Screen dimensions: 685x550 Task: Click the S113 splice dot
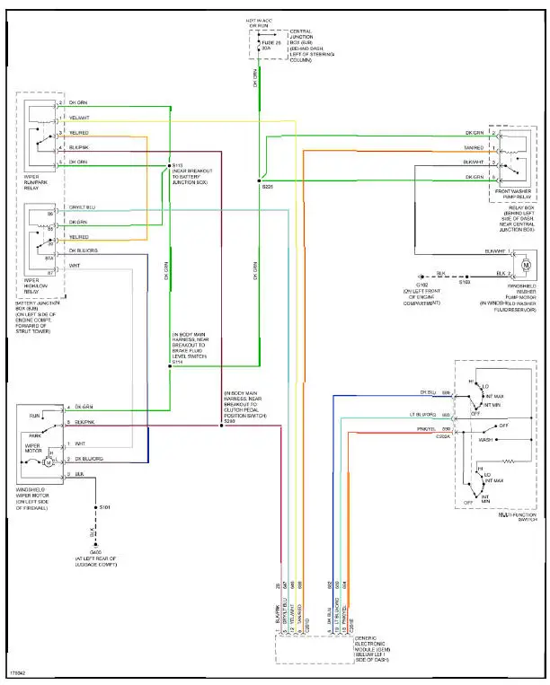tap(169, 165)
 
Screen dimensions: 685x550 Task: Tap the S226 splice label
tap(267, 186)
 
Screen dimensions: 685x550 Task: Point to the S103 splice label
tap(465, 282)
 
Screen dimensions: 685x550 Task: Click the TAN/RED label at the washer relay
tap(473, 148)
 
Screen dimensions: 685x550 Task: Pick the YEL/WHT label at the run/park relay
tap(78, 118)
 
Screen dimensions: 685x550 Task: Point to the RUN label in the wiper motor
tap(33, 417)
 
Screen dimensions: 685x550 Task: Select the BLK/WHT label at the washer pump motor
tap(495, 250)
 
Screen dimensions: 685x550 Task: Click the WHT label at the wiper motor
tap(79, 443)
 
